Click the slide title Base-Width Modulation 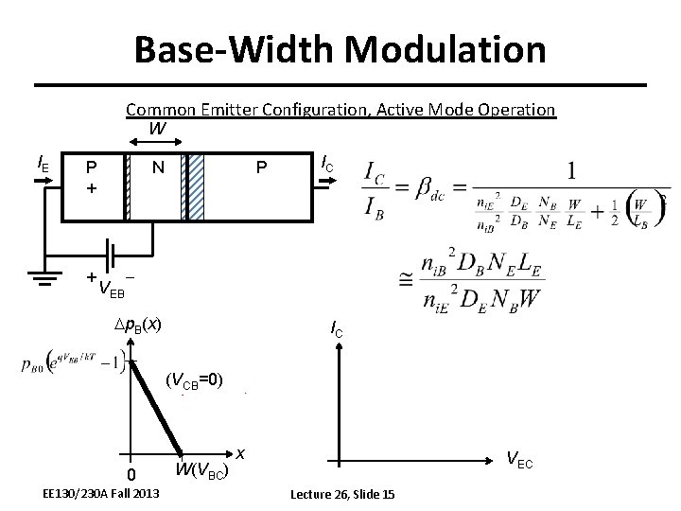click(x=340, y=49)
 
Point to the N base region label click(x=159, y=167)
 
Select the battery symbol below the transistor click(x=111, y=255)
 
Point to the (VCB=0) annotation click(x=194, y=381)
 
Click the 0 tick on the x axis click(x=132, y=474)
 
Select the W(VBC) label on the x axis click(x=200, y=470)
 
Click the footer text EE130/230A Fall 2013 click(x=101, y=495)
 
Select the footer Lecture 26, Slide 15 click(x=341, y=495)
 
